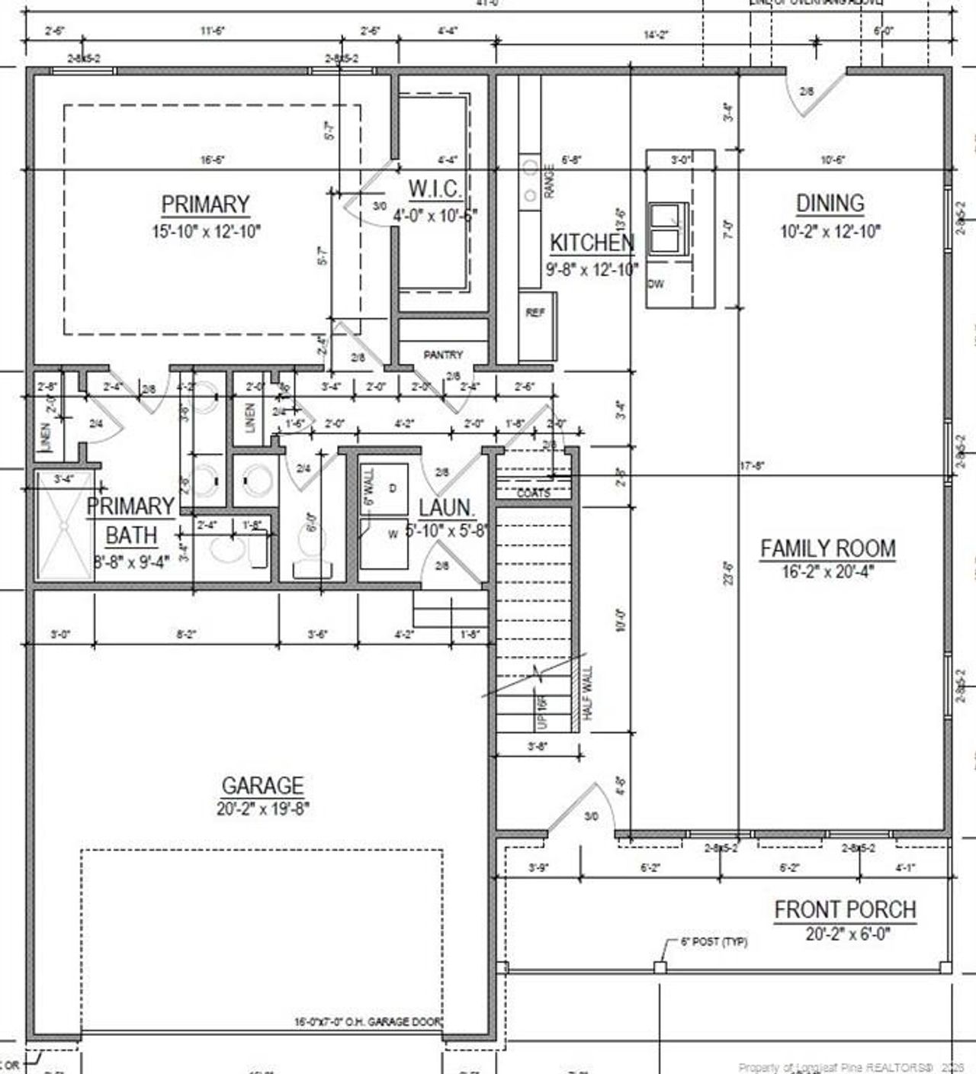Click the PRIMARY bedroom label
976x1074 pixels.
(x=205, y=204)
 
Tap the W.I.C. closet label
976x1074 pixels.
(x=435, y=188)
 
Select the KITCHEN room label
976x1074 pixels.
(x=592, y=243)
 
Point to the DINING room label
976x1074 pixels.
(x=830, y=204)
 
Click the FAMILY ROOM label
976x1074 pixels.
(x=827, y=548)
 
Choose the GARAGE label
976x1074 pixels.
(x=262, y=786)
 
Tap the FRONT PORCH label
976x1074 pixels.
(x=845, y=910)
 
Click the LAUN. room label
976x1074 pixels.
(x=447, y=507)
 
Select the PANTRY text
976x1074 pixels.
(x=443, y=355)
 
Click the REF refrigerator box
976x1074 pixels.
(x=536, y=313)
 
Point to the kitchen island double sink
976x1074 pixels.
(x=668, y=227)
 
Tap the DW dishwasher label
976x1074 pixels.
(x=656, y=284)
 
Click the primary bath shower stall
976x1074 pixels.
(x=63, y=526)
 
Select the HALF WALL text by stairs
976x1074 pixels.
(x=587, y=693)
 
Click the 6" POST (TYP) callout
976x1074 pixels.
(x=714, y=942)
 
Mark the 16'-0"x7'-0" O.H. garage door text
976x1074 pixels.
(x=368, y=1021)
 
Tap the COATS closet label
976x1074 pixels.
(x=533, y=493)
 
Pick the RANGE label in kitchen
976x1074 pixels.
(x=550, y=182)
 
